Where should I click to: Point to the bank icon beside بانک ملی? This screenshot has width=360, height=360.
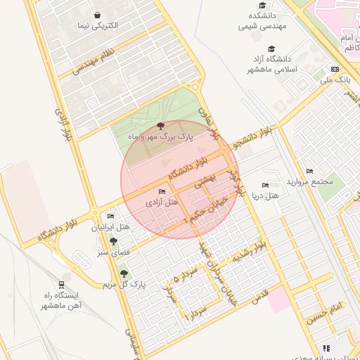point(335,69)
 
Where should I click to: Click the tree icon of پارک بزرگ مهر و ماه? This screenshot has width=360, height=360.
point(161,127)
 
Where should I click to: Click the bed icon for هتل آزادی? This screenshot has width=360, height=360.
point(162,191)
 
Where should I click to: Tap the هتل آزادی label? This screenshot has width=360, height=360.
point(162,202)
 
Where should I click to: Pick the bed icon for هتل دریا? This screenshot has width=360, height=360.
point(265,184)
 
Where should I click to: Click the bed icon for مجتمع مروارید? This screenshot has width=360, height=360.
point(309,171)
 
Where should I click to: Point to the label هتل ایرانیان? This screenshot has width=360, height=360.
point(111,228)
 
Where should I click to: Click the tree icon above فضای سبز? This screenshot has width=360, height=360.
point(113,241)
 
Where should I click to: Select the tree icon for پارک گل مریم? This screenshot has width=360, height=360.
point(124,274)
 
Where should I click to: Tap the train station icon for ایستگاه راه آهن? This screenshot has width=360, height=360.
point(63,285)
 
